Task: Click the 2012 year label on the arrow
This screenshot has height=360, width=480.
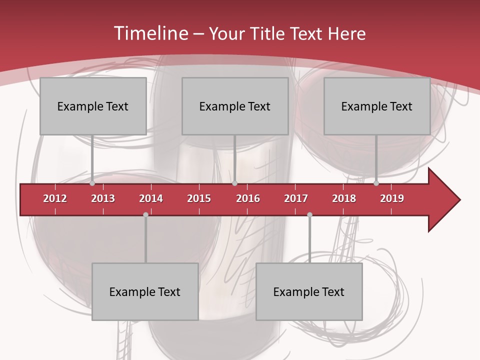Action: (55, 198)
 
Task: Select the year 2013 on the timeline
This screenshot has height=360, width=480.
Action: (103, 198)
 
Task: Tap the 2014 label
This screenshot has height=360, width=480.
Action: (151, 198)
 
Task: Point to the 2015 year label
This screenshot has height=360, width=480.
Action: (199, 198)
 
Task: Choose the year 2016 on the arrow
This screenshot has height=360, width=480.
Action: (248, 198)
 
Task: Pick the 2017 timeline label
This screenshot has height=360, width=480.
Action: (296, 198)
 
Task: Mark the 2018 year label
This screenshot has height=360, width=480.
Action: (344, 198)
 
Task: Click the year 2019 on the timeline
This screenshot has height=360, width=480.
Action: (392, 198)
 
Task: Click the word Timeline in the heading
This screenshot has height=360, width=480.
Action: (150, 33)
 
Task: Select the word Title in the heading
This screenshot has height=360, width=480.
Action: (267, 33)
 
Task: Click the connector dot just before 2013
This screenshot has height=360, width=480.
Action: (92, 183)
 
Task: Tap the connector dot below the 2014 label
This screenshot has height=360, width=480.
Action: (145, 215)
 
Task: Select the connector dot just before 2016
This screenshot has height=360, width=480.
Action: (234, 183)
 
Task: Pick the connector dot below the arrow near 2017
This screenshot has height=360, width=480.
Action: (309, 215)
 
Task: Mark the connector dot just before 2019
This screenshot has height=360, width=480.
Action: (376, 183)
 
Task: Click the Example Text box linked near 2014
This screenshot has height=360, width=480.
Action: (145, 291)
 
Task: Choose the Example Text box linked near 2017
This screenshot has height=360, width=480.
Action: (309, 291)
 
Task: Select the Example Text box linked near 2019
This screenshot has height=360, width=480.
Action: (377, 106)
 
